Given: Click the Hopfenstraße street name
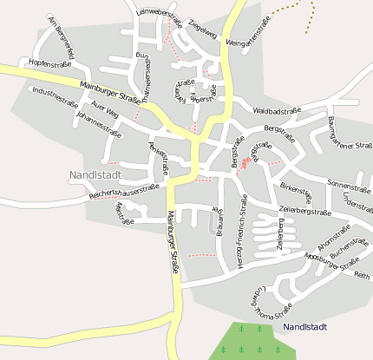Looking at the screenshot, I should click(50, 63).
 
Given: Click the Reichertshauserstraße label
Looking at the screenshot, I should click(127, 192).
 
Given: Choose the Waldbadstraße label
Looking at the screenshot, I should click(277, 111).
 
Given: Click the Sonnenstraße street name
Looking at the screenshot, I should click(348, 184).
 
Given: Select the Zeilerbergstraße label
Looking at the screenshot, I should click(305, 211).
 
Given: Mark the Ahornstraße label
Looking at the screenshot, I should click(334, 233).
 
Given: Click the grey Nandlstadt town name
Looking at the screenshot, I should click(94, 174).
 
